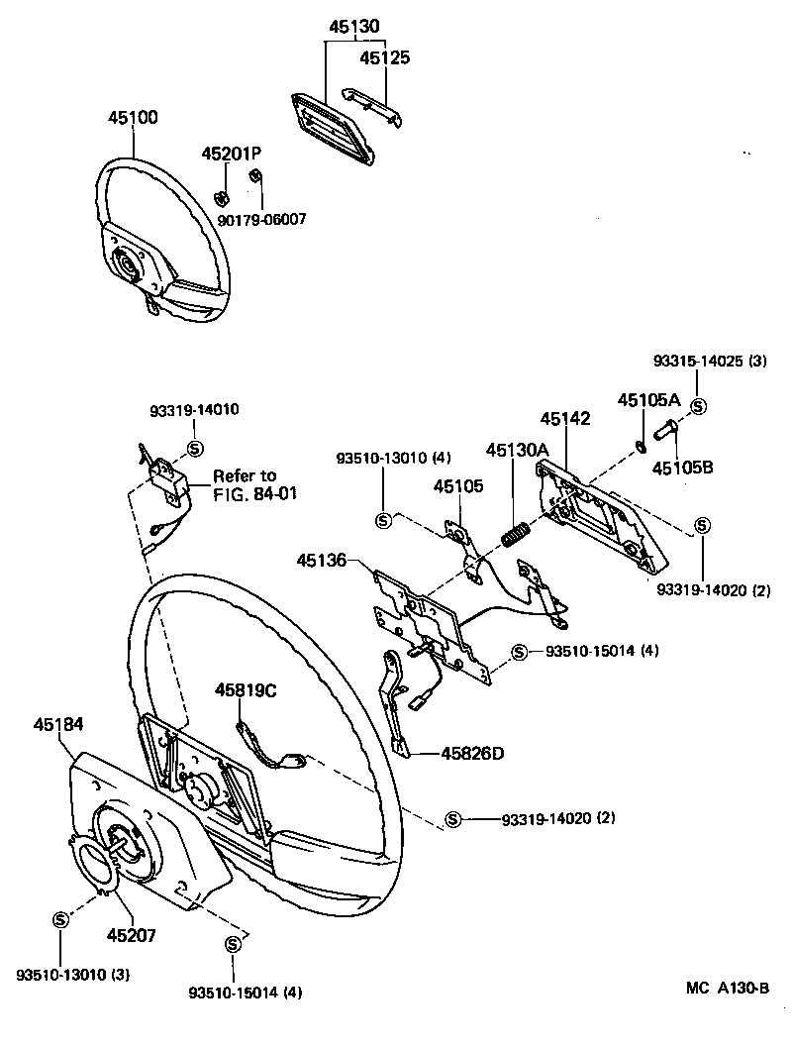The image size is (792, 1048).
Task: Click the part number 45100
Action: tap(133, 118)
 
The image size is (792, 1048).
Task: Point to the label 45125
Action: tap(384, 57)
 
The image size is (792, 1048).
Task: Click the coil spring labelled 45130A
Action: tap(514, 534)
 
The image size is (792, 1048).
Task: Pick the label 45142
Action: tap(565, 419)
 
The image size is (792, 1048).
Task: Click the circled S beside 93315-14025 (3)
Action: tap(698, 407)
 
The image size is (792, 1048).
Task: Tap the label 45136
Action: tap(321, 561)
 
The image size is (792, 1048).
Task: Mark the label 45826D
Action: tap(474, 754)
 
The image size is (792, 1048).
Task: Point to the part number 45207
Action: tap(132, 934)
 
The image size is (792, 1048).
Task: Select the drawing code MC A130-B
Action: tap(729, 988)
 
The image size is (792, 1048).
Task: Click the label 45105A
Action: tap(648, 400)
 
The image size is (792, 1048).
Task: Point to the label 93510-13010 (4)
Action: tap(380, 458)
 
